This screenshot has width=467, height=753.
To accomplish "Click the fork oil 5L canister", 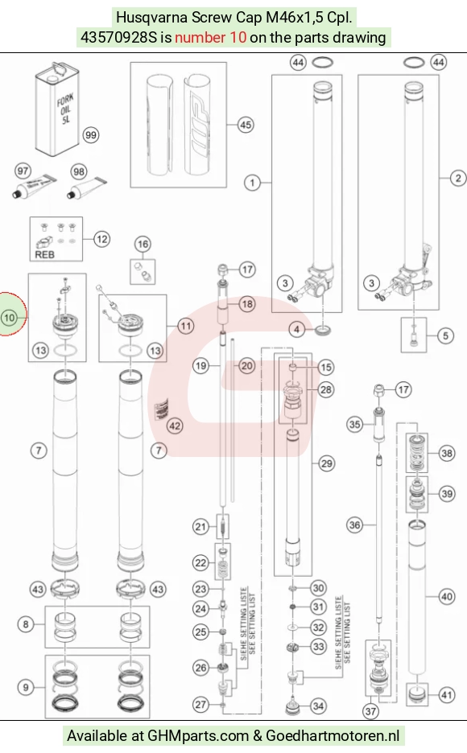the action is [x=57, y=109].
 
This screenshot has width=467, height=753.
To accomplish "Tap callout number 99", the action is [x=90, y=135].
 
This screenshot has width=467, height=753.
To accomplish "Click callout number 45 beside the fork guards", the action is [x=246, y=125].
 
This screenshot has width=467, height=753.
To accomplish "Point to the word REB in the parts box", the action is [x=44, y=254].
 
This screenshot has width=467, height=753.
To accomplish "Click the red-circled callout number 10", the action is [x=9, y=317].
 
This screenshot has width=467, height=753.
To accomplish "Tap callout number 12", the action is [x=101, y=239].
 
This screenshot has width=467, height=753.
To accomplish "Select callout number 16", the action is [x=143, y=244].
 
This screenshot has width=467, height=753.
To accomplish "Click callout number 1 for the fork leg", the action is [x=252, y=183].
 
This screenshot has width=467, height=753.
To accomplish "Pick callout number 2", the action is [x=458, y=178].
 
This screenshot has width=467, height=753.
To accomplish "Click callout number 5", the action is [x=445, y=335].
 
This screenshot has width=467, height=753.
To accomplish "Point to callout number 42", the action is [x=175, y=426].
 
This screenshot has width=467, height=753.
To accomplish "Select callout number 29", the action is [x=326, y=463].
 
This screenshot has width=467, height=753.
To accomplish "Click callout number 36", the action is [x=354, y=525].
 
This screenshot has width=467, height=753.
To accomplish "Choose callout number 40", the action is [x=447, y=596].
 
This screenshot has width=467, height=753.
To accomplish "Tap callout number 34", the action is [x=318, y=706].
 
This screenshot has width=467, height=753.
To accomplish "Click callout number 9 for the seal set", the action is [x=26, y=687].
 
